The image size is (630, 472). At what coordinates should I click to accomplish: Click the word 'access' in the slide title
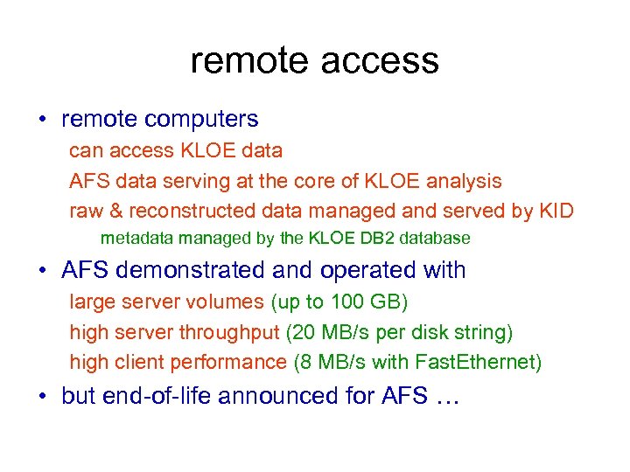pyautogui.click(x=379, y=60)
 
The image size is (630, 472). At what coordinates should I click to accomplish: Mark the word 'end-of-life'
pyautogui.click(x=157, y=396)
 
